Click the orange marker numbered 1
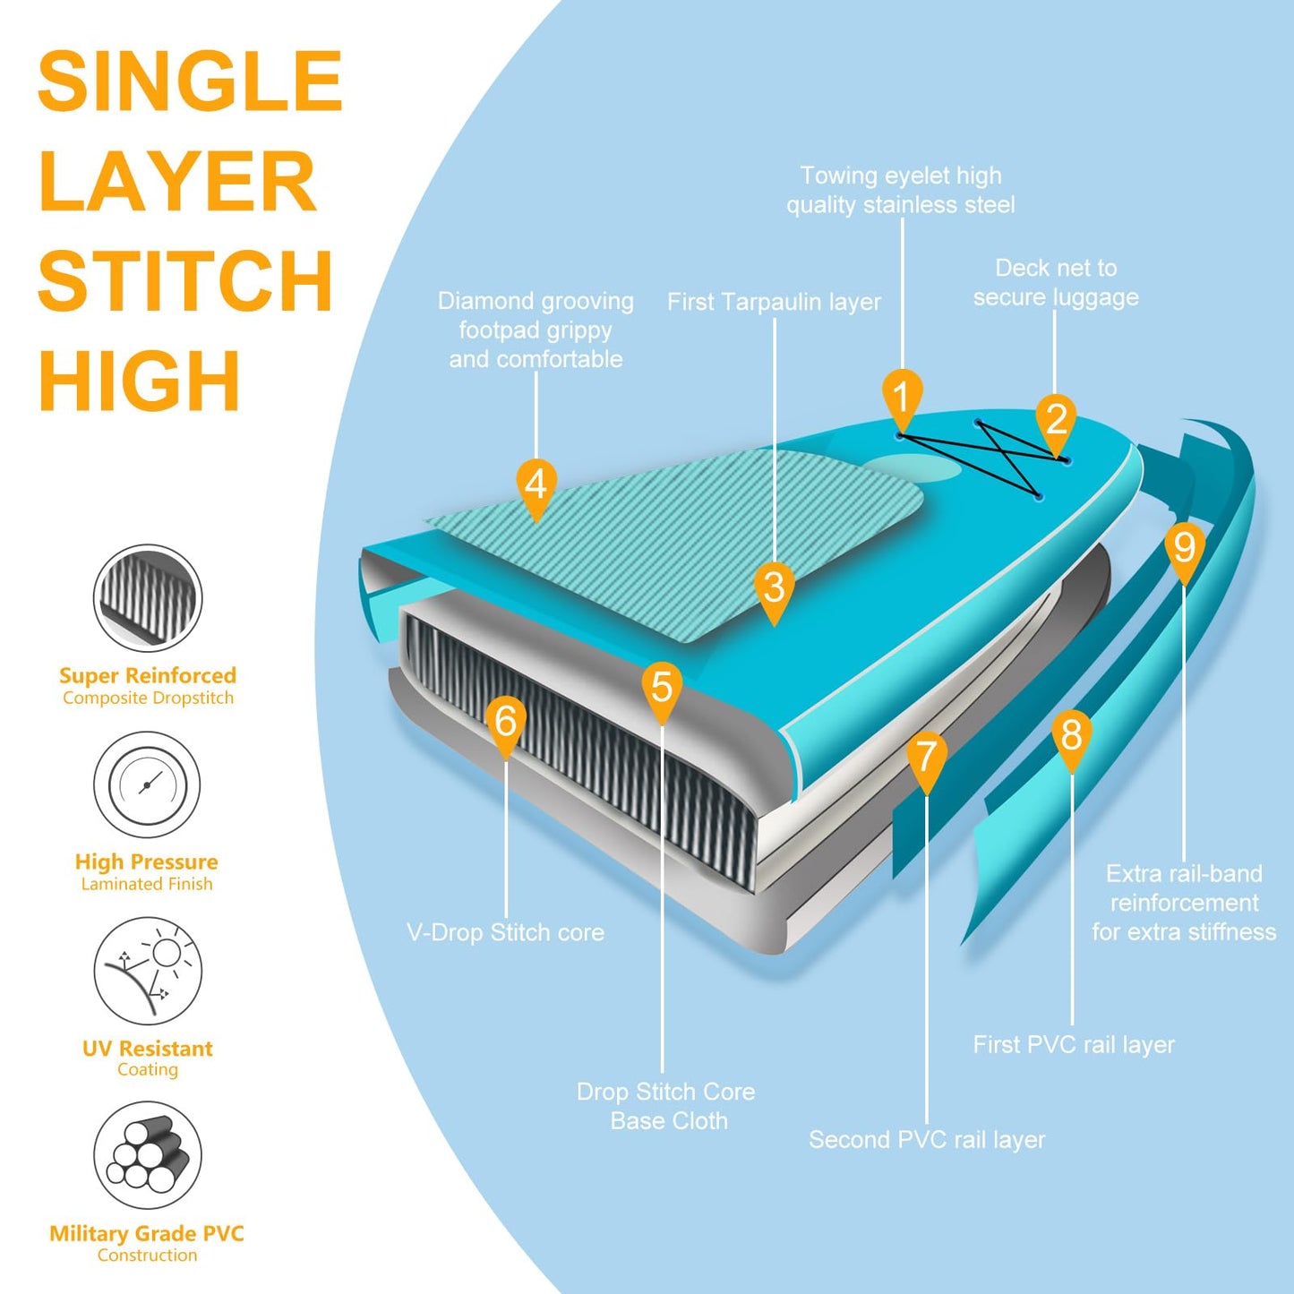click(x=902, y=397)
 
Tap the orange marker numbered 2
click(x=1056, y=420)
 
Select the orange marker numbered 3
click(x=774, y=589)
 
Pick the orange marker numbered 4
click(x=536, y=486)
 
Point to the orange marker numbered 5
click(x=662, y=689)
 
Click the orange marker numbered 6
click(x=506, y=722)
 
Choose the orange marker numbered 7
click(x=926, y=758)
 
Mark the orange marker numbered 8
click(x=1072, y=736)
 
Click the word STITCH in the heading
click(x=185, y=281)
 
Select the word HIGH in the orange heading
click(x=140, y=381)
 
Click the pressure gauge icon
click(x=148, y=785)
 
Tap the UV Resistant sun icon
click(x=148, y=971)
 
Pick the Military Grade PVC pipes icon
click(x=148, y=1155)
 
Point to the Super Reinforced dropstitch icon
click(x=148, y=598)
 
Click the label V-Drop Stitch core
click(x=505, y=932)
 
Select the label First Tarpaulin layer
click(x=774, y=302)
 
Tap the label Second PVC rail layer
click(x=927, y=1139)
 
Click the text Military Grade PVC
click(x=147, y=1234)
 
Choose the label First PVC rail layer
click(x=1074, y=1044)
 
